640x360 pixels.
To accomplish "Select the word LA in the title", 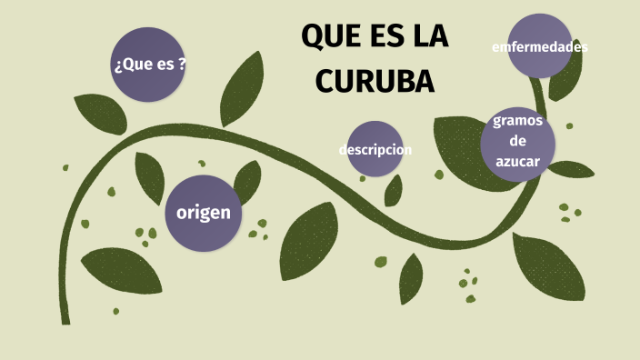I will tap(428, 38).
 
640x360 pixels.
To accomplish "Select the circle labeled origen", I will tap(204, 213).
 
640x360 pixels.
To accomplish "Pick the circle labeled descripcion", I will tap(375, 149).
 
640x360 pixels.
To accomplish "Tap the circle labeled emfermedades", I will tap(540, 45).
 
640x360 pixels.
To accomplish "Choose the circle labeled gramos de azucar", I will tap(518, 143).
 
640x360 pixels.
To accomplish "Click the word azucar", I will tap(518, 161).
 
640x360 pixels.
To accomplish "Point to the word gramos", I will tap(518, 122).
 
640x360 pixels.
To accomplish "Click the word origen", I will tap(204, 213).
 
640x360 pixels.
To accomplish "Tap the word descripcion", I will tap(375, 149).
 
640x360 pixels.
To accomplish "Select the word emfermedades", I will tap(540, 45).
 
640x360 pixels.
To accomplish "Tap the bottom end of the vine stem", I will tap(65, 320).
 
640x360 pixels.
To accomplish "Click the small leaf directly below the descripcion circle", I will tap(394, 190).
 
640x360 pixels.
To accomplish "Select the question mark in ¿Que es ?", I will tap(183, 65).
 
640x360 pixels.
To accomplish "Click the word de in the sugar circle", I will tap(518, 141).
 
